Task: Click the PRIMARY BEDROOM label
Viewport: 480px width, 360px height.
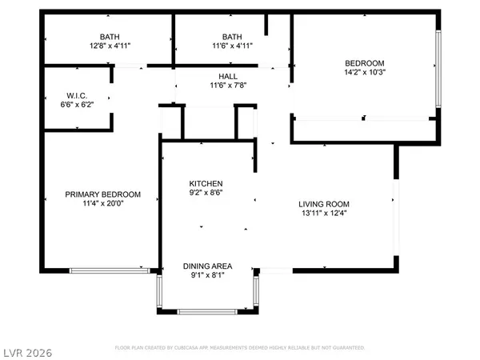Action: [102, 194]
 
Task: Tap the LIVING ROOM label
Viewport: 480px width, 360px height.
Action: [322, 203]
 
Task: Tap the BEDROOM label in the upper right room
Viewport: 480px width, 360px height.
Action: [364, 63]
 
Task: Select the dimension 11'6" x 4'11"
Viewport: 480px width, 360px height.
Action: [231, 46]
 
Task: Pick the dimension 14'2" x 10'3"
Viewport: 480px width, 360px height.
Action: [364, 73]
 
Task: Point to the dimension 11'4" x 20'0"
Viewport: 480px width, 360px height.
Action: [102, 204]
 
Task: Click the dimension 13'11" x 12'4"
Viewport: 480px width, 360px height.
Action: [322, 213]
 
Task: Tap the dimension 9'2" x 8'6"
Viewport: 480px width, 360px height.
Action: [206, 193]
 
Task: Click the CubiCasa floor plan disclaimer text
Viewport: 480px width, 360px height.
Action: [240, 348]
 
